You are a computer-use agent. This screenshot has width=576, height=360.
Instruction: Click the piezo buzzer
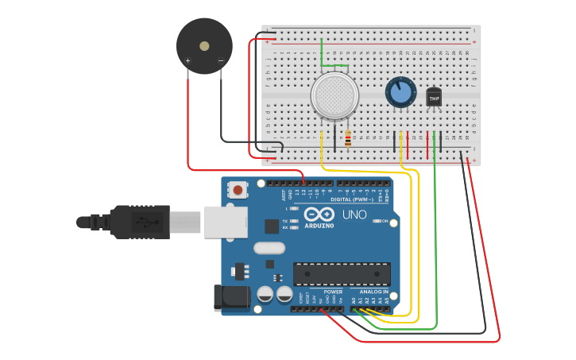204,46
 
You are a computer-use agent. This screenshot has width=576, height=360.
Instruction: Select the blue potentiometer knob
400,92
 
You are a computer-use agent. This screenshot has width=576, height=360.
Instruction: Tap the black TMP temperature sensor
434,97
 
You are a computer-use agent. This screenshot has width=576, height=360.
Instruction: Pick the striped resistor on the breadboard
348,139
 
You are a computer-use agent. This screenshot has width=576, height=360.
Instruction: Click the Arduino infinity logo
319,215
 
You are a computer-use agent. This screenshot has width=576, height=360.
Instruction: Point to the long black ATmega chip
342,273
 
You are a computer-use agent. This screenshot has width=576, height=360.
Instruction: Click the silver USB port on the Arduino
225,222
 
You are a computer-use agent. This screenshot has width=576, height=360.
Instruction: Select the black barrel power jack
231,297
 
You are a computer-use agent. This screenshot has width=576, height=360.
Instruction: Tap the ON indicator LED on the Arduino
376,221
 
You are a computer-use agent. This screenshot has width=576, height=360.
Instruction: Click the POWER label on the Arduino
333,292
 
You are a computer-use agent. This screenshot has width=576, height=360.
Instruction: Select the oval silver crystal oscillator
269,248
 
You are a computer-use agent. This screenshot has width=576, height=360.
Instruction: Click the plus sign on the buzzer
187,60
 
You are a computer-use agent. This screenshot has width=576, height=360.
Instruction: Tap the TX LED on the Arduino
295,221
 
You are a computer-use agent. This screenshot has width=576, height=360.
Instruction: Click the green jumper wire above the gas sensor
334,66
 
